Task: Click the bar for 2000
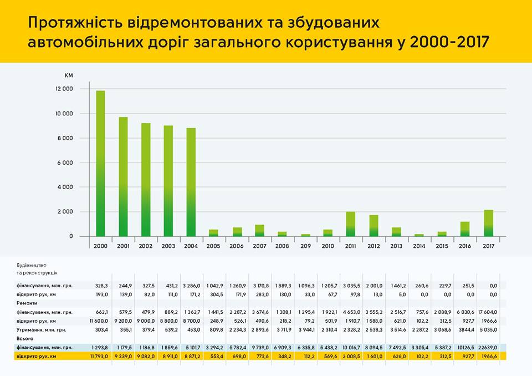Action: point(100,164)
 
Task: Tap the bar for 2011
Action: point(350,224)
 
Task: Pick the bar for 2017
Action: point(488,223)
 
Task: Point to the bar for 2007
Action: point(259,231)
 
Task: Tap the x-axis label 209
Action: point(305,246)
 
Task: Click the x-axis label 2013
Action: point(396,246)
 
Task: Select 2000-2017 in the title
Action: point(448,43)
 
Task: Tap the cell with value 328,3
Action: point(100,286)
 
